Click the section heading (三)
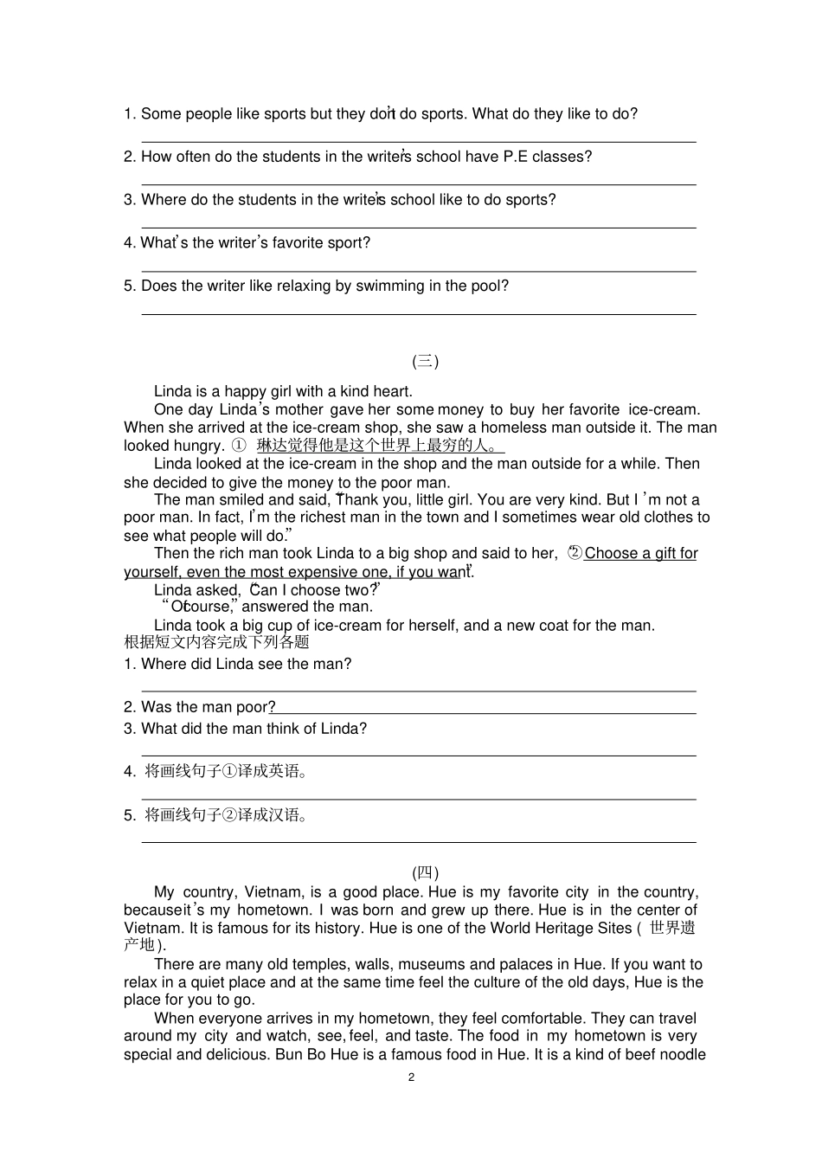coord(425,362)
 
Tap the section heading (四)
coord(425,873)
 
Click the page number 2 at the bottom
coord(411,1077)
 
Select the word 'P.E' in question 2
coord(516,157)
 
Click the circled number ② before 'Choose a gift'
coord(575,553)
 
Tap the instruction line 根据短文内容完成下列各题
coord(216,642)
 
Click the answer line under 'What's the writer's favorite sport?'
coord(419,271)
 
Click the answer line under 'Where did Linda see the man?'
coord(419,691)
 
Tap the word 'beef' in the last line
coord(640,1055)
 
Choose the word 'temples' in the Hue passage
coord(273,964)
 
